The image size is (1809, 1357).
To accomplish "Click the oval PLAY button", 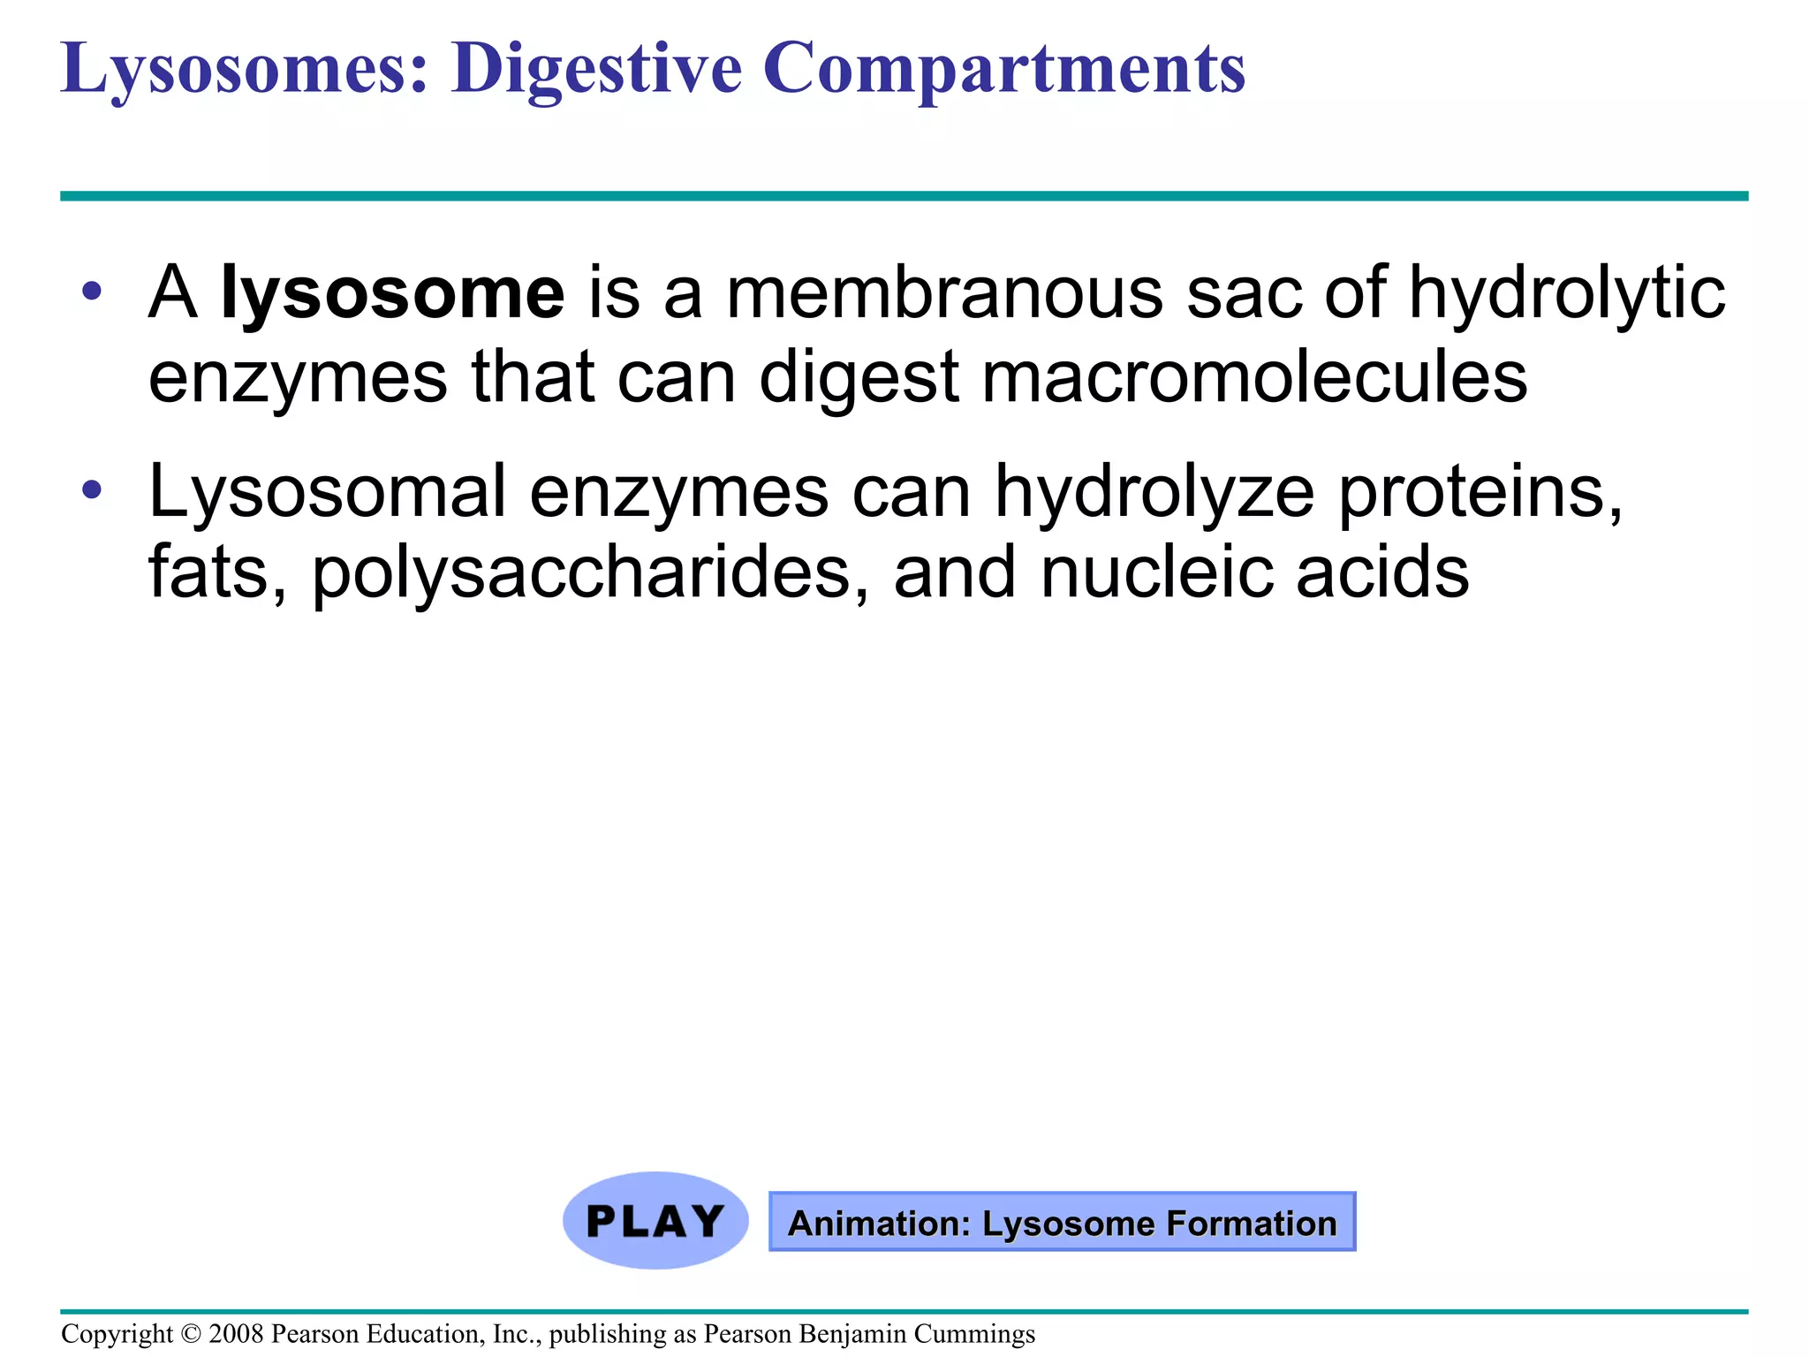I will [655, 1221].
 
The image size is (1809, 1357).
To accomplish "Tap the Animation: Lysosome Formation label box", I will [1062, 1223].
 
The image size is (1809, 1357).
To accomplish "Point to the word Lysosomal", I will [328, 491].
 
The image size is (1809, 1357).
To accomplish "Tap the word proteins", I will [1480, 491].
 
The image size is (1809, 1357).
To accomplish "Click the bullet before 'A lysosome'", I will [92, 291].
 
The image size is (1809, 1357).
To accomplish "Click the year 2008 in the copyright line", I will [236, 1334].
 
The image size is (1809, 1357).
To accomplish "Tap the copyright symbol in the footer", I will [191, 1334].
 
